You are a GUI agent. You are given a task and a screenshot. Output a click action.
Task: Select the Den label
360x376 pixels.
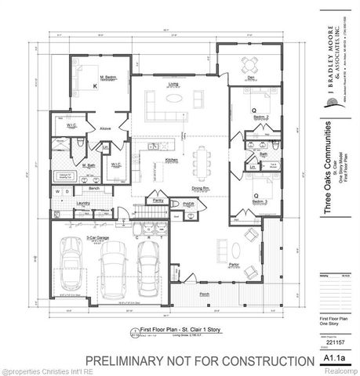click(251, 77)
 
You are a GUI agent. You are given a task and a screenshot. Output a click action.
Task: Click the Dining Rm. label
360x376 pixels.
click(201, 188)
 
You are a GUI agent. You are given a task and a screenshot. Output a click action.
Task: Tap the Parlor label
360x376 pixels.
click(234, 264)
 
